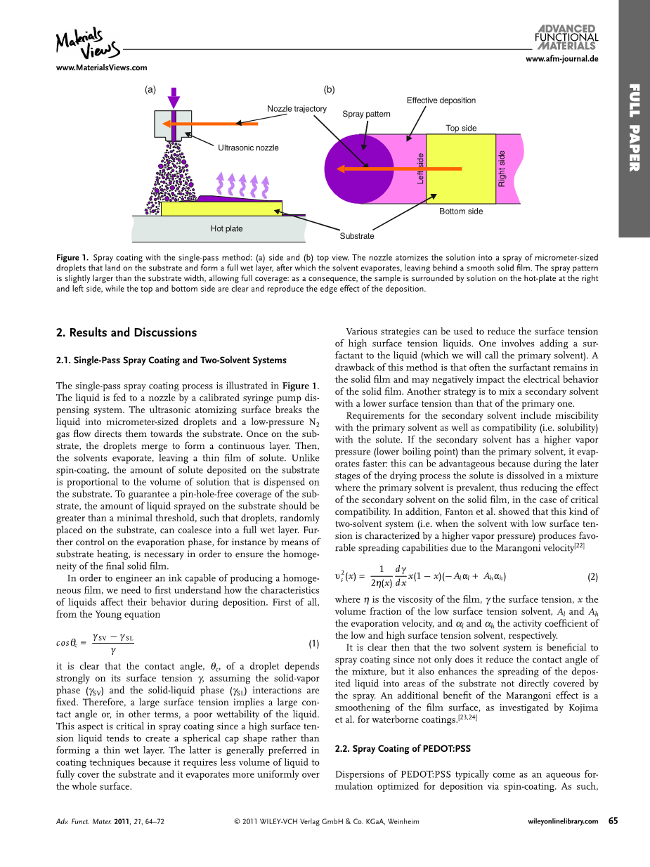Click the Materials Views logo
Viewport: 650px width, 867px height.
(x=87, y=44)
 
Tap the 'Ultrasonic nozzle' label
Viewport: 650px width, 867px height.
(x=248, y=148)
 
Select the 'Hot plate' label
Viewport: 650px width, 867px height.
(x=226, y=228)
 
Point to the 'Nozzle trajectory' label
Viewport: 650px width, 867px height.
(x=297, y=109)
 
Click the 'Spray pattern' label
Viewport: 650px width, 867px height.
(x=366, y=114)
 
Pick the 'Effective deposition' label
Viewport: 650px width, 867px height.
(x=441, y=100)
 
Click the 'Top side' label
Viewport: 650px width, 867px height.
(x=461, y=128)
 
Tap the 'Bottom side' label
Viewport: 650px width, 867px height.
(x=461, y=211)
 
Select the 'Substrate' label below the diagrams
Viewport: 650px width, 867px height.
(x=357, y=236)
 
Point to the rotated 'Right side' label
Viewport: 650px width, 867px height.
(x=502, y=169)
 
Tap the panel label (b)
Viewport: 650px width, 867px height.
(x=329, y=89)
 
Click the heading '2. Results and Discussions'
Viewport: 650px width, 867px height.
(x=126, y=332)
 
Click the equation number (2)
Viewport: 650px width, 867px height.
(x=592, y=577)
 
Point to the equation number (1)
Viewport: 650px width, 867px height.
(x=314, y=644)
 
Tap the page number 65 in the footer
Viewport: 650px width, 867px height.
(x=613, y=821)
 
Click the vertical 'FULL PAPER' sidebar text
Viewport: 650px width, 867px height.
(x=634, y=127)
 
